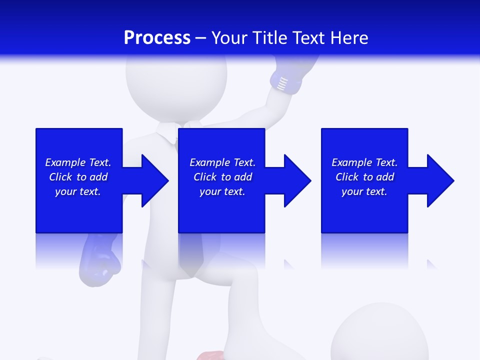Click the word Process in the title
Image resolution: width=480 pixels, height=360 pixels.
coord(157,38)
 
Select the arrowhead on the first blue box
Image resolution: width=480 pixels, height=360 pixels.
coord(150,180)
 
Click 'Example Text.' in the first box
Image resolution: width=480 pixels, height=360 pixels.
coord(78,162)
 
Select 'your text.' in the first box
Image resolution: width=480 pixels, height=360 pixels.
coord(78,191)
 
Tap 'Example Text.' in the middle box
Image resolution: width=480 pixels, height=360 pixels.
coord(222,162)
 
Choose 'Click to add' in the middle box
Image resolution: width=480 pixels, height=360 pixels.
coord(222,177)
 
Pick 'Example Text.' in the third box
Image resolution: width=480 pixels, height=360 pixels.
coord(364,162)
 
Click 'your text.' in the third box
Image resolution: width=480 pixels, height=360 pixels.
coord(364,191)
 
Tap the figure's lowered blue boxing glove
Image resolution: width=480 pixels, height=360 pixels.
coord(99,260)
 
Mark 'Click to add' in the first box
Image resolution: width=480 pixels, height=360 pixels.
coord(78,177)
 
